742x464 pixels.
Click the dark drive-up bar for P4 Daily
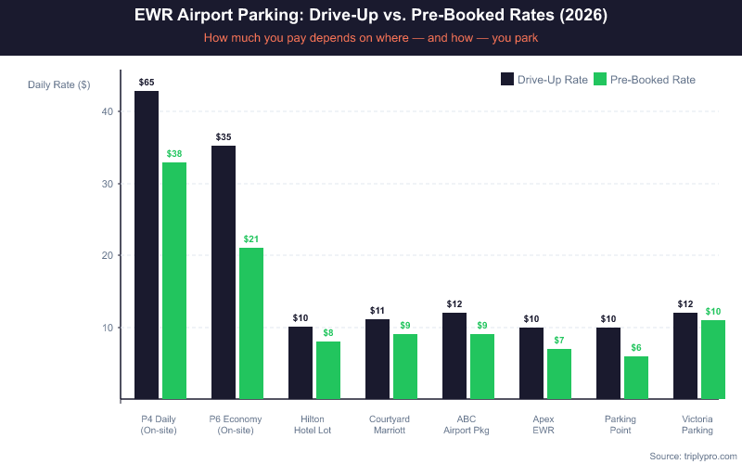147,245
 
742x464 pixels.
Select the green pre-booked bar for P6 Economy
251,323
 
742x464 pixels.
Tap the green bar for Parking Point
635,378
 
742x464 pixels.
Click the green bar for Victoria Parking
712,359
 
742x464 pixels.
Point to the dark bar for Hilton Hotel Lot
301,363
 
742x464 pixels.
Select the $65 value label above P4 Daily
147,83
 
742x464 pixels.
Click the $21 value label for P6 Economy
251,239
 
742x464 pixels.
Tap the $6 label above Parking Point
635,348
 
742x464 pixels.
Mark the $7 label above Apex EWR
558,341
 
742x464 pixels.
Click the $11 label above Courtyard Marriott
377,311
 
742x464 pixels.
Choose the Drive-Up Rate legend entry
544,80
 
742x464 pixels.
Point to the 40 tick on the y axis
108,112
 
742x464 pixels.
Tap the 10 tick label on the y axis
108,328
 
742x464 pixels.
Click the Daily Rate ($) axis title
58,84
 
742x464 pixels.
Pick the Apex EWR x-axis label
543,424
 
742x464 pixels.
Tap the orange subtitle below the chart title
370,39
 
